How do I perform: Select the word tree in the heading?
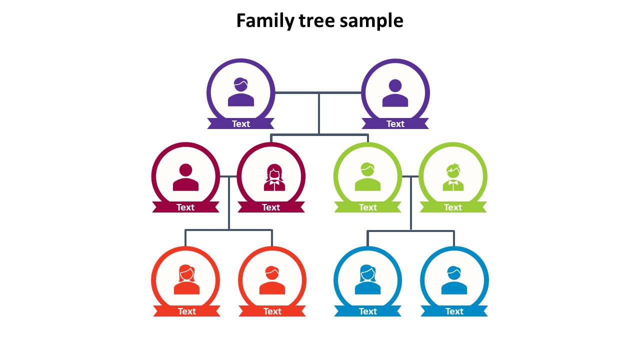pyautogui.click(x=316, y=21)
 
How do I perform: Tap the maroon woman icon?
pyautogui.click(x=274, y=177)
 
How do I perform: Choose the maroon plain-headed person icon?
pyautogui.click(x=185, y=177)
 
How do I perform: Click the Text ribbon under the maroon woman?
pyautogui.click(x=271, y=207)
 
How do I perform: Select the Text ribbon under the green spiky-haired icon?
pyautogui.click(x=453, y=207)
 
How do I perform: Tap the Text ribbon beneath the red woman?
pyautogui.click(x=187, y=311)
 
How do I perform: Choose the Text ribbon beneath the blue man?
pyautogui.click(x=454, y=311)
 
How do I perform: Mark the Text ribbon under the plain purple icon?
pyautogui.click(x=395, y=123)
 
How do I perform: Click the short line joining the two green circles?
pyautogui.click(x=410, y=176)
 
